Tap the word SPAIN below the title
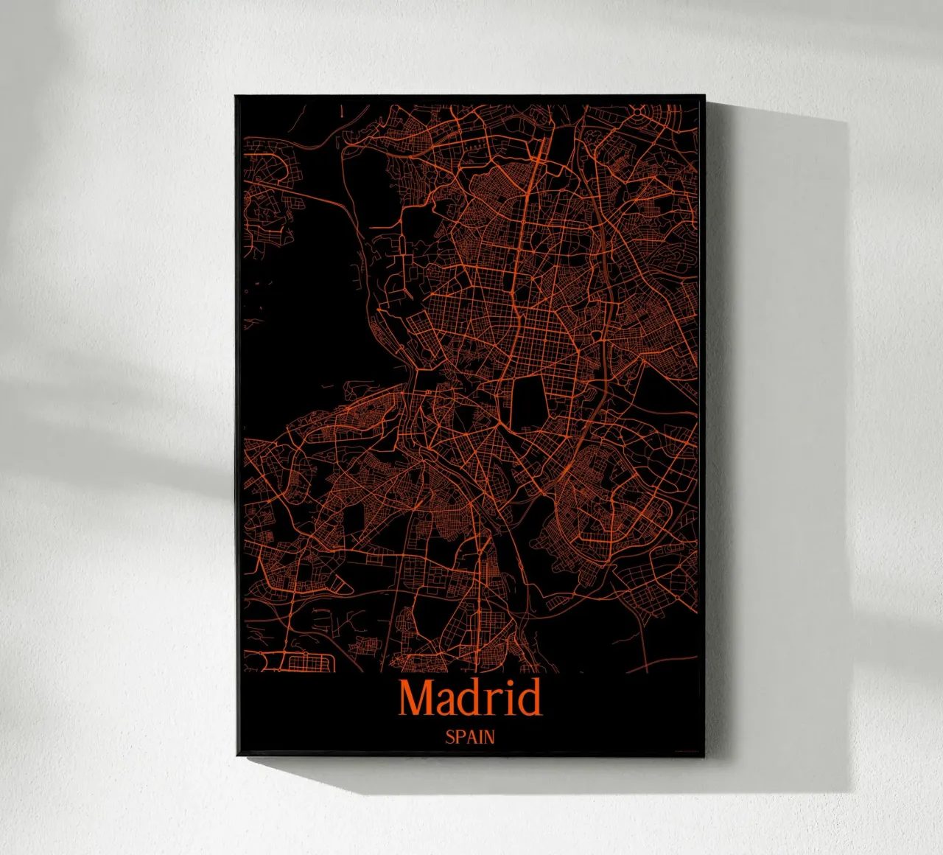470,736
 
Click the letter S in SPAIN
449,736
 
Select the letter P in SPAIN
459,736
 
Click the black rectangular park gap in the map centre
527,402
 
